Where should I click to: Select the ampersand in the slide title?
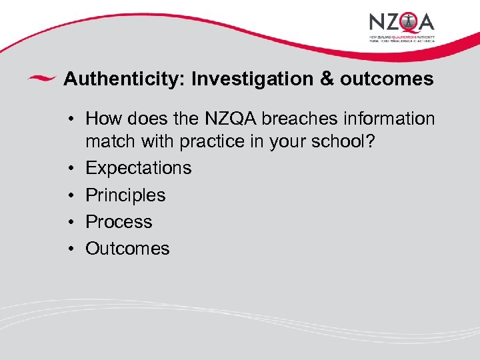pos(327,79)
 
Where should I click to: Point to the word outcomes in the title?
pos(387,79)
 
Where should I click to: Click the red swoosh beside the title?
pos(41,79)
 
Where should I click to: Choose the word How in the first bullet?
pos(104,119)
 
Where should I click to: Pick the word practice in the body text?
pos(212,141)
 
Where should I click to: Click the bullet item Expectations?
pos(139,168)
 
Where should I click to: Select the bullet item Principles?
pos(125,195)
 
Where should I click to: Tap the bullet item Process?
pos(119,222)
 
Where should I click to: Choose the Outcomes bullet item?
pos(127,249)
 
